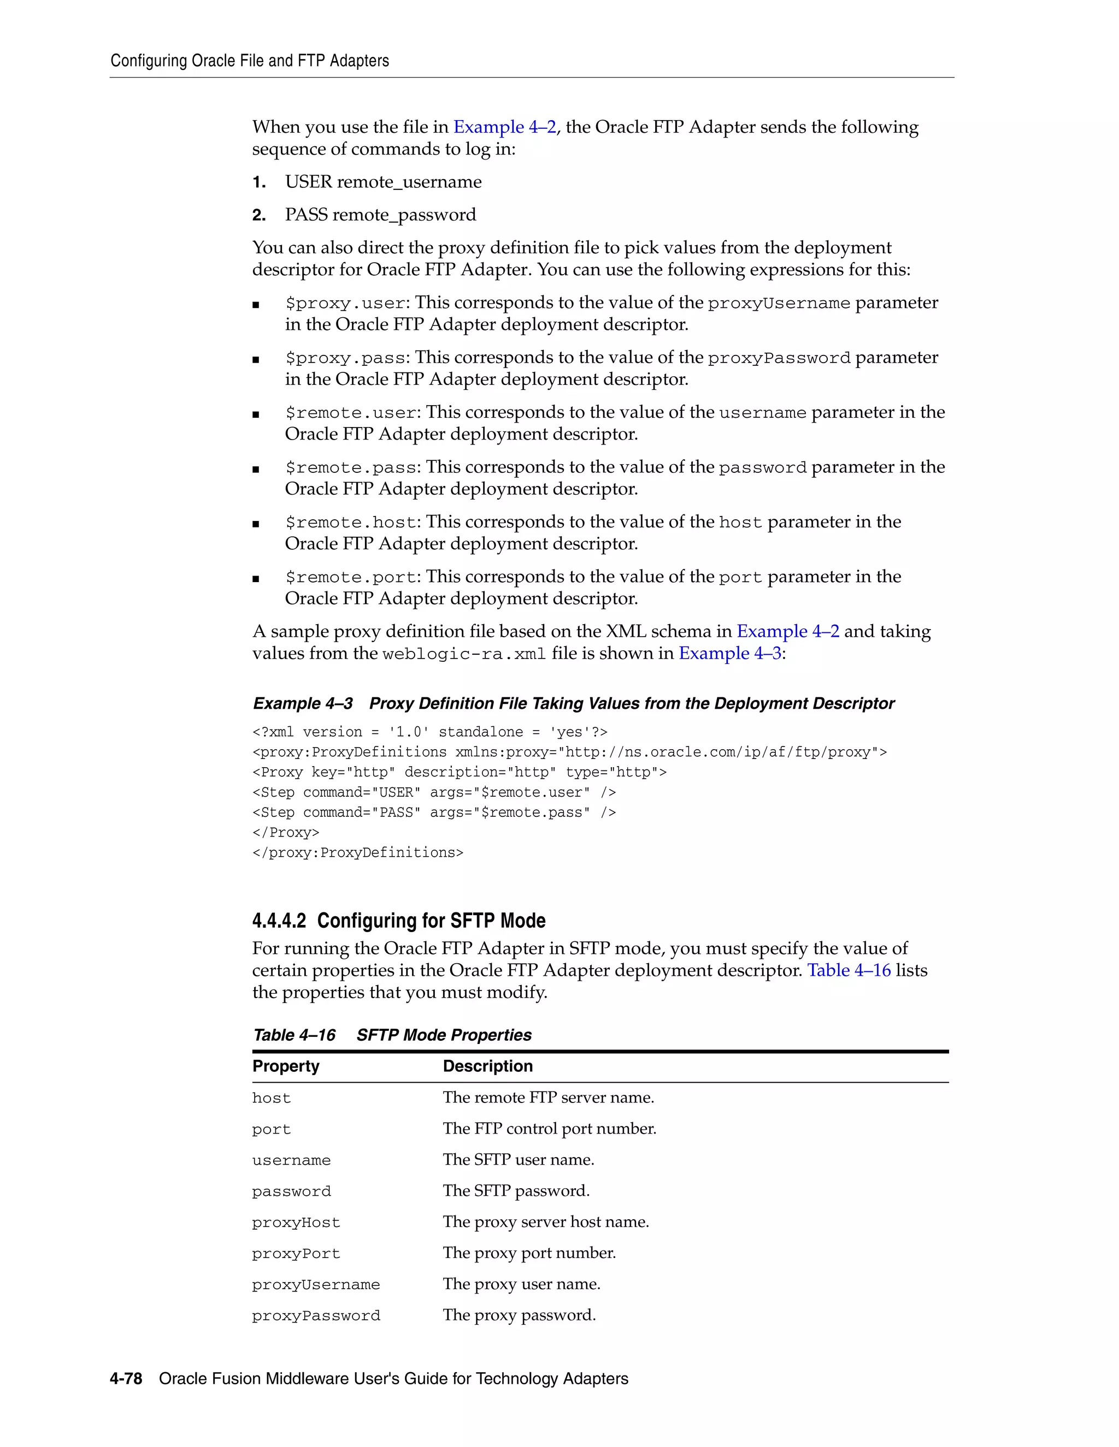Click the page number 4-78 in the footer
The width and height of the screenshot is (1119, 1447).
(x=126, y=1379)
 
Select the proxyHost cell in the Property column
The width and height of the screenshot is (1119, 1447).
(x=296, y=1223)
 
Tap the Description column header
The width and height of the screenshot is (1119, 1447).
(x=487, y=1066)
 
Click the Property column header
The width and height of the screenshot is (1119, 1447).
(x=286, y=1066)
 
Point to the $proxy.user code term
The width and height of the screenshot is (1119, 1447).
(x=345, y=304)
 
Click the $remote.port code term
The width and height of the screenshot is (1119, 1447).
(x=351, y=578)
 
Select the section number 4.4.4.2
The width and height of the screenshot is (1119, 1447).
(x=279, y=921)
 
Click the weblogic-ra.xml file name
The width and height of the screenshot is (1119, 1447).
(x=464, y=654)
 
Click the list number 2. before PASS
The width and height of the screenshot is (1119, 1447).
(x=258, y=215)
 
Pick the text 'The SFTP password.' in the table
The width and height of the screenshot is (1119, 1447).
(x=516, y=1190)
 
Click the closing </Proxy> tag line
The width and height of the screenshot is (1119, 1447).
(x=286, y=832)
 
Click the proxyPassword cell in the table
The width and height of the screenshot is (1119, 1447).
(x=316, y=1316)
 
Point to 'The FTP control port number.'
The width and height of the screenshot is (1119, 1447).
(x=549, y=1128)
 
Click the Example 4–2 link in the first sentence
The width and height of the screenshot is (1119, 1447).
(x=504, y=127)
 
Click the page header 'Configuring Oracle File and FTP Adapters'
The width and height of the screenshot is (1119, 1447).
(x=249, y=61)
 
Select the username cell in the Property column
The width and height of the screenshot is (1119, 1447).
(x=291, y=1160)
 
